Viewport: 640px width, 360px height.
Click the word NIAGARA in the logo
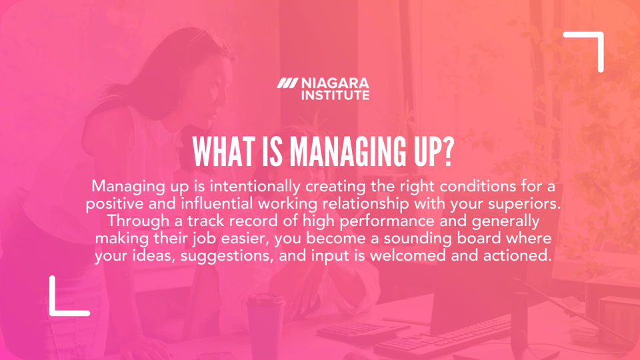pos(335,84)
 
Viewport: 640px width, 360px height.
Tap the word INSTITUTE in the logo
pos(335,95)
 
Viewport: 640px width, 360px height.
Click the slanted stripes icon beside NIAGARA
pos(288,84)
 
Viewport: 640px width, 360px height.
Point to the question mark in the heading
pos(446,152)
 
